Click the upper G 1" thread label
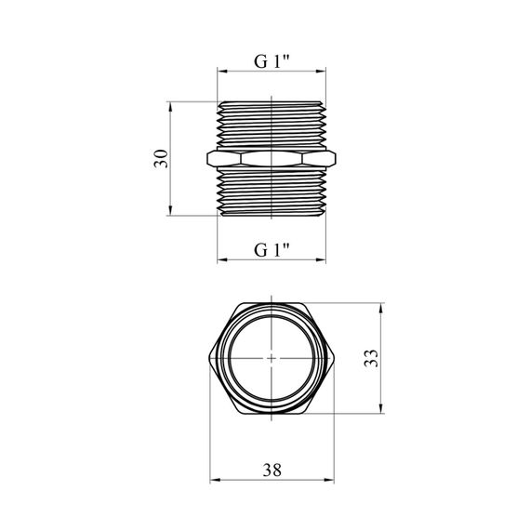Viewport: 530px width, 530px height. pyautogui.click(x=272, y=61)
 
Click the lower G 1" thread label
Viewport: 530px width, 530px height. pyautogui.click(x=272, y=250)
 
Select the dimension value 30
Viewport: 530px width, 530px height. pyautogui.click(x=161, y=158)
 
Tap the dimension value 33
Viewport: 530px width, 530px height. pyautogui.click(x=371, y=358)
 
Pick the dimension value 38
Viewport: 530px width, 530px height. pyautogui.click(x=272, y=470)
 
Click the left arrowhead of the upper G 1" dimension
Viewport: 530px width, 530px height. pyautogui.click(x=222, y=72)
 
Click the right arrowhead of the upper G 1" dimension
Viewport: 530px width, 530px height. pyautogui.click(x=321, y=72)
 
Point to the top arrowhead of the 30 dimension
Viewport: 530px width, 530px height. pyautogui.click(x=170, y=107)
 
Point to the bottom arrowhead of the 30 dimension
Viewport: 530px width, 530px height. pyautogui.click(x=170, y=210)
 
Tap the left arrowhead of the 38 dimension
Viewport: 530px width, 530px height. pyautogui.click(x=215, y=480)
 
